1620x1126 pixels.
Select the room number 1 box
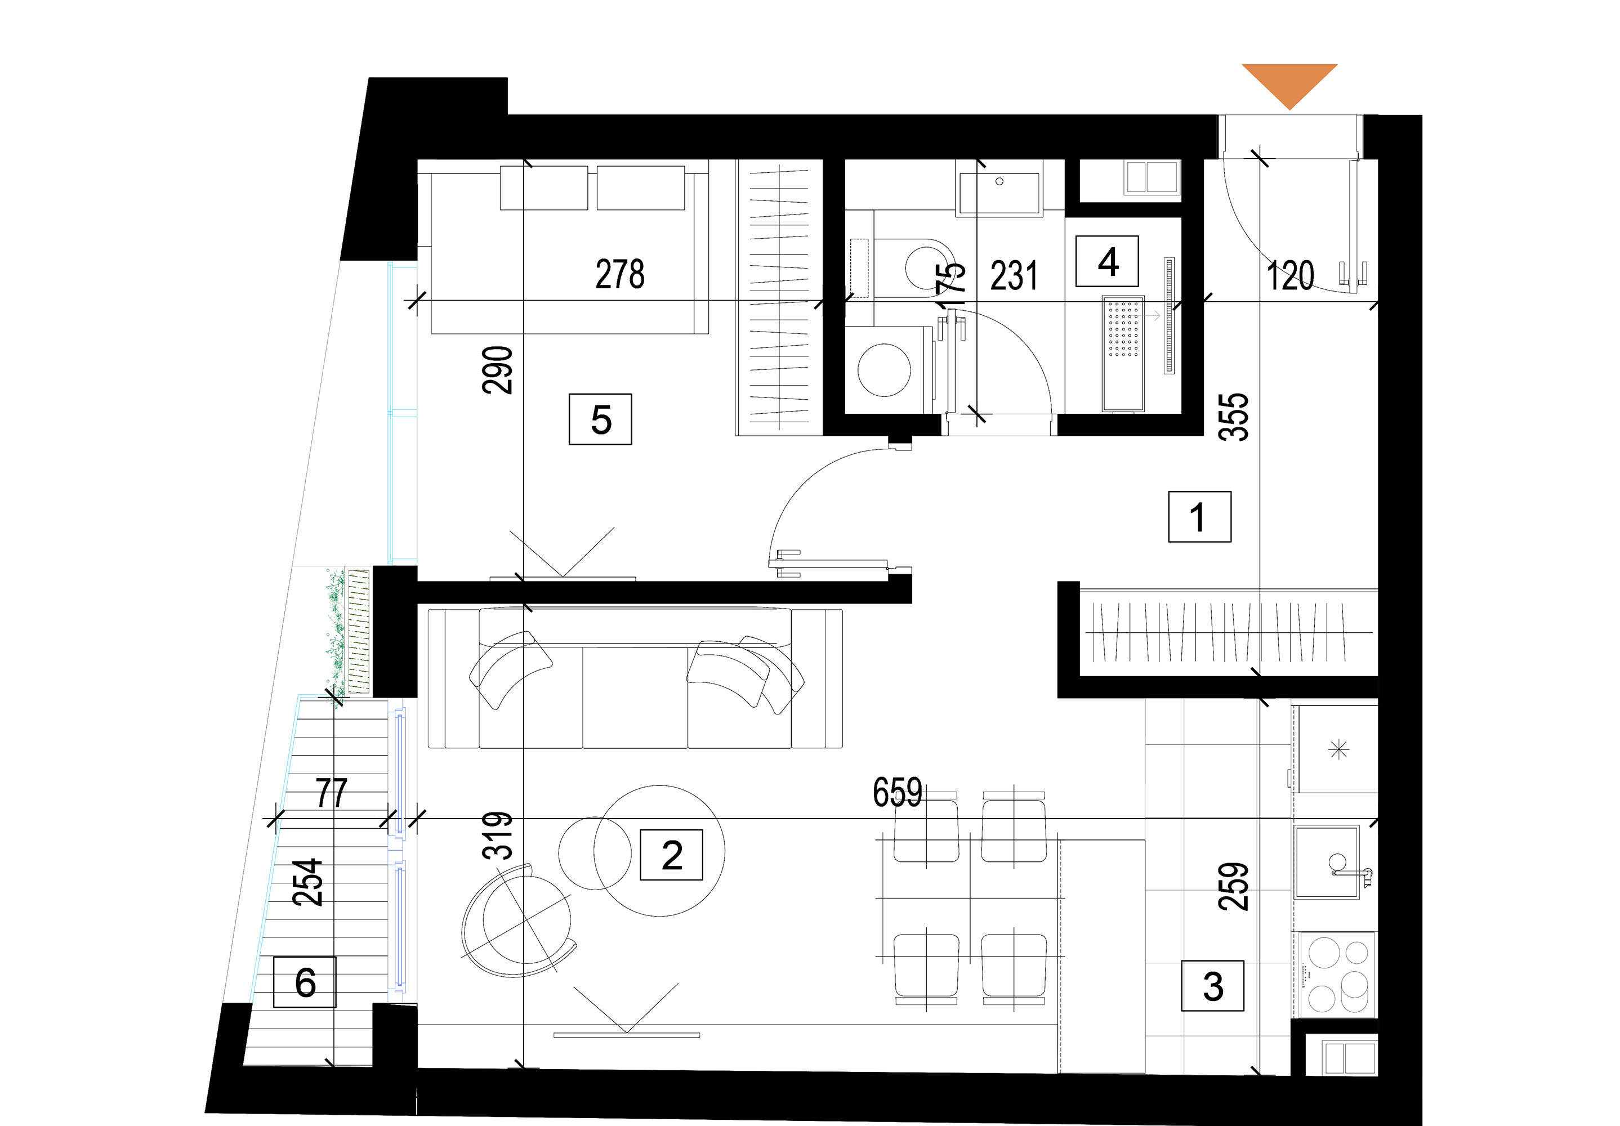click(x=1199, y=516)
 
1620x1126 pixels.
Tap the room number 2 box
click(x=671, y=855)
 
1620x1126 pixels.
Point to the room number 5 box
click(x=600, y=419)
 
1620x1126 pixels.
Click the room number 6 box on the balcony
click(x=305, y=981)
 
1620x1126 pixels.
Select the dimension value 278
click(x=619, y=274)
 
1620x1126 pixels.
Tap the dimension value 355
click(x=1234, y=417)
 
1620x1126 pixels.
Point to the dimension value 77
click(x=331, y=793)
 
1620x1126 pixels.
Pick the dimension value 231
click(x=1014, y=276)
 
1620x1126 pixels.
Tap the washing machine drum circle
click(x=884, y=370)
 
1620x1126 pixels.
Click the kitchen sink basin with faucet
click(x=1327, y=861)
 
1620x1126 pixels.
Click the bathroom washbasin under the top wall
click(x=998, y=187)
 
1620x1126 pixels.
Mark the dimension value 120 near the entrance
click(x=1291, y=276)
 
